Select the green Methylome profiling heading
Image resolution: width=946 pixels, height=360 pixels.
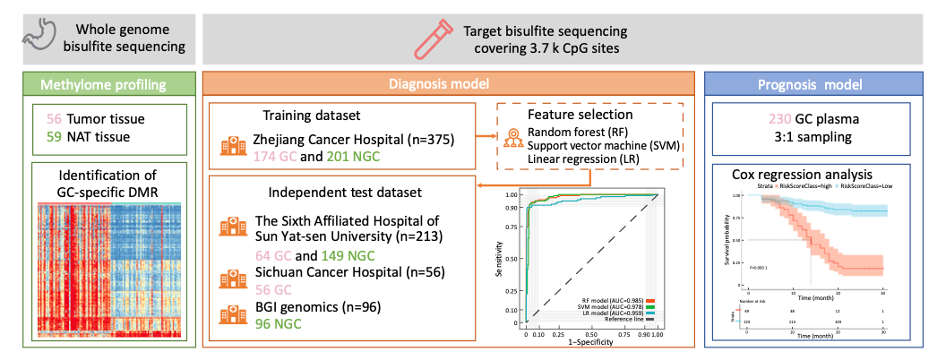(107, 85)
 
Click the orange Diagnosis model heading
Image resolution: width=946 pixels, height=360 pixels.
(451, 85)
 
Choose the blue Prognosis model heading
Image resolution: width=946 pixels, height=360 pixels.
(821, 85)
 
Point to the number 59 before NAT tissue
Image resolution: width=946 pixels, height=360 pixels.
(53, 136)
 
